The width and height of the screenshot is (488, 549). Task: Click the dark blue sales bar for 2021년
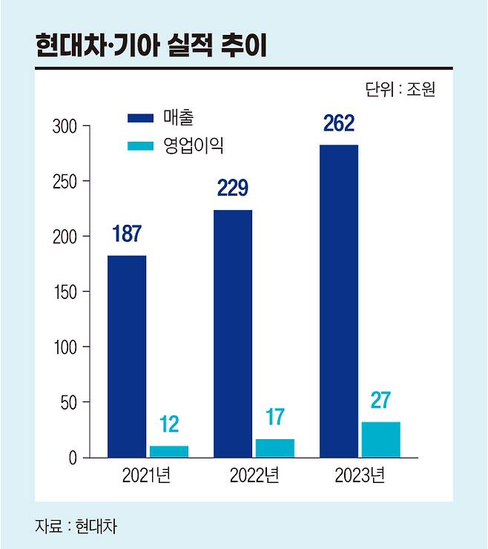[x=126, y=356]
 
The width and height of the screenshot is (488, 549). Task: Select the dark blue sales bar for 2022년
[x=233, y=334]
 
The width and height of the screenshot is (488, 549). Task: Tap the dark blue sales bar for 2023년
[x=339, y=300]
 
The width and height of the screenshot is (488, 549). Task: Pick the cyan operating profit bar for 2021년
[x=168, y=451]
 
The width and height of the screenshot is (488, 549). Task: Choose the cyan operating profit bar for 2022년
[x=274, y=448]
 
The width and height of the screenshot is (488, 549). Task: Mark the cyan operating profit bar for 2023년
[x=380, y=439]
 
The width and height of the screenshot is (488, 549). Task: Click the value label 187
[x=126, y=233]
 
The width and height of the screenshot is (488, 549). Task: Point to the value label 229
[x=232, y=188]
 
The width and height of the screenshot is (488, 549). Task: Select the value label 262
[x=338, y=122]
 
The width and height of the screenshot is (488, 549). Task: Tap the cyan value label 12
[x=168, y=425]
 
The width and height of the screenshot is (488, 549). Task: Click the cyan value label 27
[x=380, y=400]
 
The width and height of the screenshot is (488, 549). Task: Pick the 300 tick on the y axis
[x=65, y=127]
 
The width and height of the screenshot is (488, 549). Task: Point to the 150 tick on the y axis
[x=65, y=292]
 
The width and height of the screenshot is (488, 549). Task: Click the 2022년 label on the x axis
[x=252, y=476]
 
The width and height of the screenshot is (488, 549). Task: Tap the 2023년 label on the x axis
[x=358, y=476]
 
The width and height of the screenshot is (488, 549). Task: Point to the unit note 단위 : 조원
[x=400, y=90]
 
